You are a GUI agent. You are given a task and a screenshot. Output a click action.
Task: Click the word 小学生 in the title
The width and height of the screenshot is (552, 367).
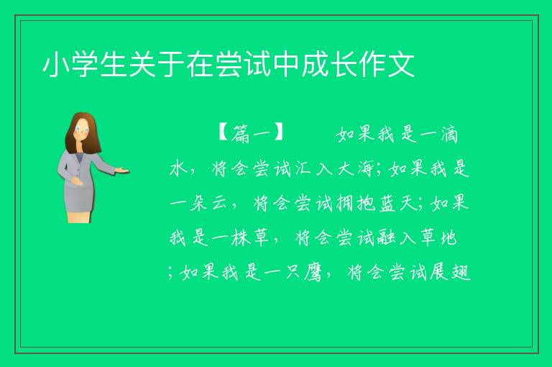click(85, 65)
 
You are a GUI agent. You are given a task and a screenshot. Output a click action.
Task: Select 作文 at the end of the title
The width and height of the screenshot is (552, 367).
click(386, 65)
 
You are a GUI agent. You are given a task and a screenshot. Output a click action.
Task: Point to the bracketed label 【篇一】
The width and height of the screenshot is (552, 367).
click(251, 134)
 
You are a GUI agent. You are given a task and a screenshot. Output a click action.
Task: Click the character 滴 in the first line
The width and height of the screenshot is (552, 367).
click(449, 135)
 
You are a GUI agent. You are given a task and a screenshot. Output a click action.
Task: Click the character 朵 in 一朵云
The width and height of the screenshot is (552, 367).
click(198, 203)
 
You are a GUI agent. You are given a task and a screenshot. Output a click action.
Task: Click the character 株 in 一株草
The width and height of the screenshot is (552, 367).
click(241, 237)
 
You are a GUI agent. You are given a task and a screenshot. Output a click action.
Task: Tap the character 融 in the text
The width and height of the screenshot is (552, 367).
click(387, 237)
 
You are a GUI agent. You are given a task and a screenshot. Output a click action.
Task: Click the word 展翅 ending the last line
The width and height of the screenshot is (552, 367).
click(449, 272)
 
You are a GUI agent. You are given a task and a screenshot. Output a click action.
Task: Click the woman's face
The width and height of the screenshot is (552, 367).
click(83, 130)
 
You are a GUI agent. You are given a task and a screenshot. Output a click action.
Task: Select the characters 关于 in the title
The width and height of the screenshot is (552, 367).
click(142, 65)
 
